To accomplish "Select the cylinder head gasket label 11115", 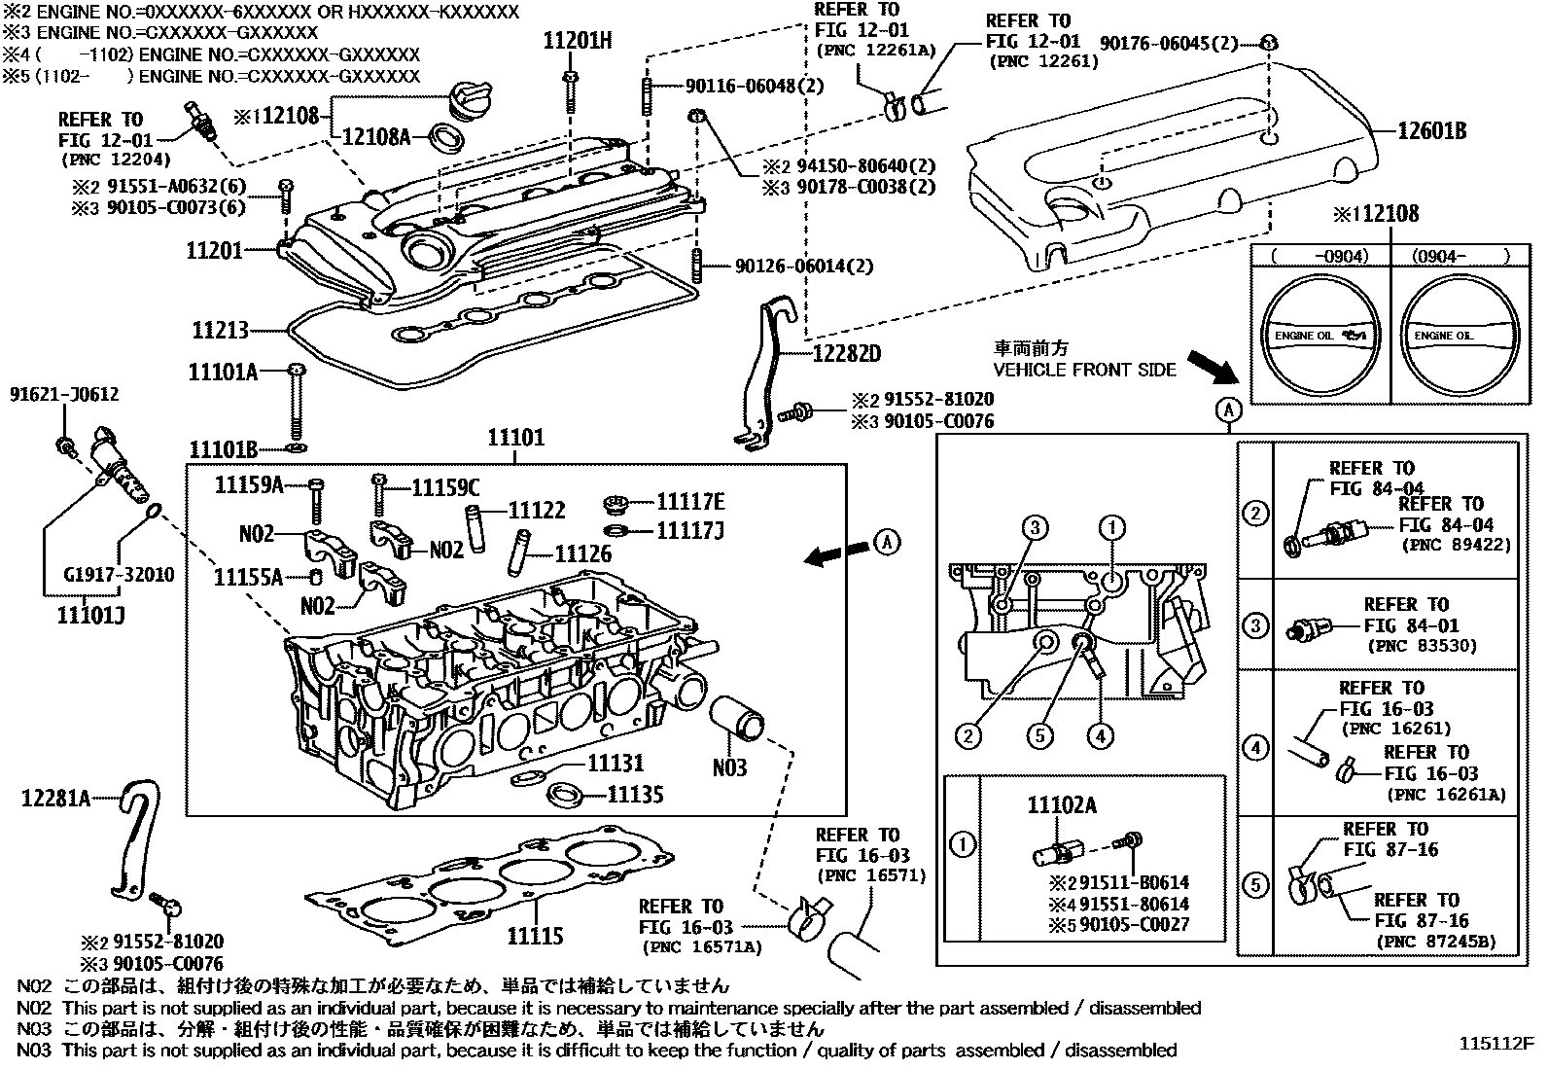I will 535,937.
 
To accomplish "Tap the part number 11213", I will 220,331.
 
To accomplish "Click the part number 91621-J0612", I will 64,394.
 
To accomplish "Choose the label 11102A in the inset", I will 1062,804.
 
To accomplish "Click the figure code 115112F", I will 1495,1045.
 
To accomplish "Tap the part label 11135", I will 635,796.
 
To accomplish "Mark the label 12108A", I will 375,137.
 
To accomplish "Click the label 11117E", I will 690,502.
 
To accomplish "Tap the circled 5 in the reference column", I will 1255,885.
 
